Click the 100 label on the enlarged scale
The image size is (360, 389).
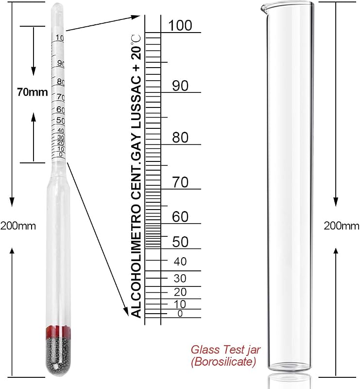180,25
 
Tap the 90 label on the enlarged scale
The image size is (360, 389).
180,86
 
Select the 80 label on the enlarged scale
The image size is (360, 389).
180,138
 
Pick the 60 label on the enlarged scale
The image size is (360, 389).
180,216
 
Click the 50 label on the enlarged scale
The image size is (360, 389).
180,242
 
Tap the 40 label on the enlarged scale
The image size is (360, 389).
180,262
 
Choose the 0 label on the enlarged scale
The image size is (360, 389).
180,314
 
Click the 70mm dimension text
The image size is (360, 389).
33,92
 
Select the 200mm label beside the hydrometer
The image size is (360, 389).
18,226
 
